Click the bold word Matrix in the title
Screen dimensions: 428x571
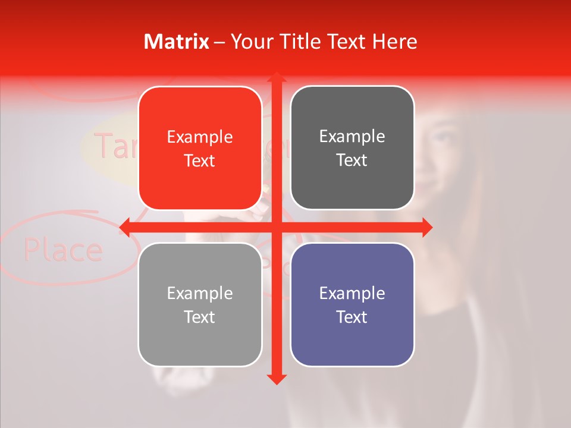click(x=177, y=42)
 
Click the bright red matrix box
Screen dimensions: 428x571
click(x=200, y=148)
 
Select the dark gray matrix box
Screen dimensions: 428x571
click(x=352, y=148)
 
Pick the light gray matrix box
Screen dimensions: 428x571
click(x=200, y=304)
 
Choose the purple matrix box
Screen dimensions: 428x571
click(x=352, y=304)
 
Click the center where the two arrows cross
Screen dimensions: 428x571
click(x=276, y=226)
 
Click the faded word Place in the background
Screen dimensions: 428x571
click(x=63, y=250)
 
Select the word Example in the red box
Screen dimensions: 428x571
click(x=200, y=137)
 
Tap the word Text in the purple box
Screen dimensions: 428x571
click(x=352, y=317)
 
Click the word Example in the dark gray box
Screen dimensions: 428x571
click(x=352, y=136)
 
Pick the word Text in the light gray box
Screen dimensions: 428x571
click(x=200, y=317)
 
